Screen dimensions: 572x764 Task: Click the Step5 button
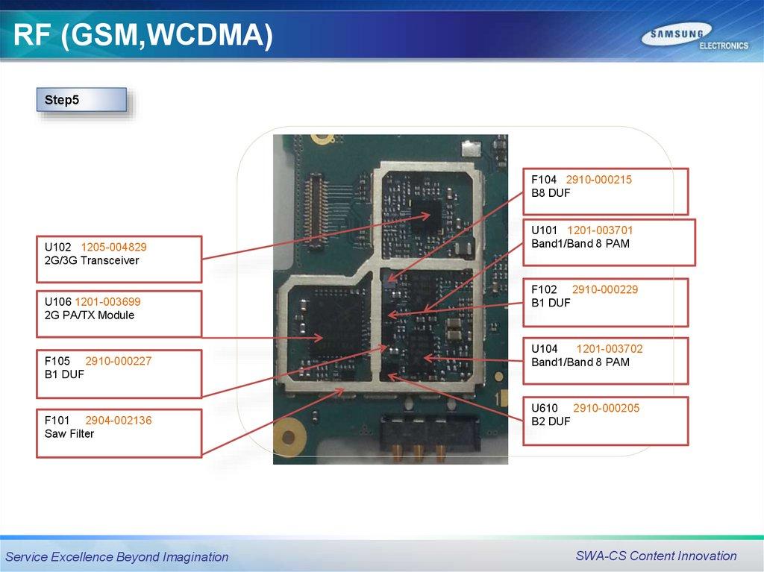click(81, 100)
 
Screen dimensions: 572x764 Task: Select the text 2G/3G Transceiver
click(92, 260)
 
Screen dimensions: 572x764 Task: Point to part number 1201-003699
click(107, 302)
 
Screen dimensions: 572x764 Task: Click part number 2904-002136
click(118, 421)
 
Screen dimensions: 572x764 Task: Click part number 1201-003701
click(600, 230)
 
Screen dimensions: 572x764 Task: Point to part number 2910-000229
click(604, 289)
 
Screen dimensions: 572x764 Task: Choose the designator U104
click(545, 348)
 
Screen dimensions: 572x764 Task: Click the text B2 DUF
click(551, 421)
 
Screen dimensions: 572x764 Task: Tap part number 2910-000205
click(606, 408)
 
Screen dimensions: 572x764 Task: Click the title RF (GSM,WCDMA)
click(143, 36)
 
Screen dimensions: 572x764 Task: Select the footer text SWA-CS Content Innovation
click(656, 556)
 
